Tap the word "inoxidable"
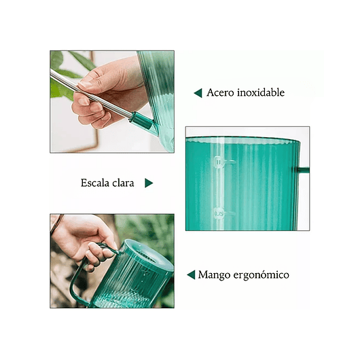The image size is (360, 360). point(259,93)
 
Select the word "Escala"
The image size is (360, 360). point(97,183)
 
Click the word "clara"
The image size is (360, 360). point(126,183)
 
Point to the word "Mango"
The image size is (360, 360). point(214,275)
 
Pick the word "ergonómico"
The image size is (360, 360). point(261,275)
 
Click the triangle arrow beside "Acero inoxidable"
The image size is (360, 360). point(198,93)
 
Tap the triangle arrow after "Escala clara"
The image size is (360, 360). point(149,183)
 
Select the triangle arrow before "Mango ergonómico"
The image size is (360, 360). point(192,275)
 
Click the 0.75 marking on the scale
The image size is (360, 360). point(219,213)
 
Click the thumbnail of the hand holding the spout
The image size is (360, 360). point(111,101)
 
